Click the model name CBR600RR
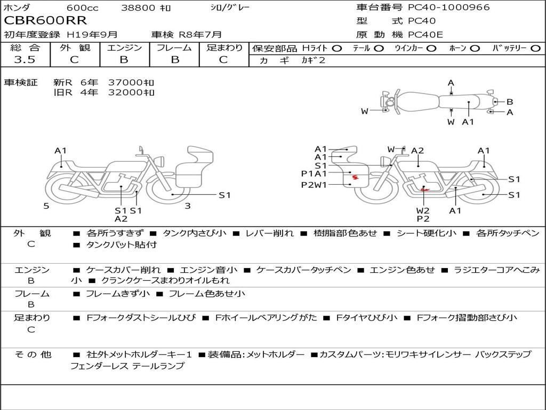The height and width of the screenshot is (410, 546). click(x=45, y=20)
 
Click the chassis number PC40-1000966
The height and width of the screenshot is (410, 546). click(x=449, y=7)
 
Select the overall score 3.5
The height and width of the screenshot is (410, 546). click(x=25, y=59)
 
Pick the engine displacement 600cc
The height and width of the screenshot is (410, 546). click(x=83, y=7)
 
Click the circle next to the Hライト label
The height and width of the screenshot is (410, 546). click(x=337, y=49)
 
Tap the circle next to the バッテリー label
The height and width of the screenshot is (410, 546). click(x=535, y=49)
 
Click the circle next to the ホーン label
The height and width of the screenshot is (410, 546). click(x=475, y=49)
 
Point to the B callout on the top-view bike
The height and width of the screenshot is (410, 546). click(x=509, y=102)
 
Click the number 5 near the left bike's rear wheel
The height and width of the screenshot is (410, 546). click(x=46, y=206)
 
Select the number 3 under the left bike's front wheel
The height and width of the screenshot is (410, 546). click(x=188, y=206)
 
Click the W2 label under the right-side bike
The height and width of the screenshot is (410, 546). click(x=423, y=210)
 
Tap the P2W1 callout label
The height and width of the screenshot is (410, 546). click(x=314, y=185)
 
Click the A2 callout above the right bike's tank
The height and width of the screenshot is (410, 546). click(x=417, y=151)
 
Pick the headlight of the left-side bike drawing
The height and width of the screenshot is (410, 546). click(x=160, y=161)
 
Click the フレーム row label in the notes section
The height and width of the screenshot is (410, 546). click(x=31, y=294)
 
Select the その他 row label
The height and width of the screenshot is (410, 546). click(x=33, y=354)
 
